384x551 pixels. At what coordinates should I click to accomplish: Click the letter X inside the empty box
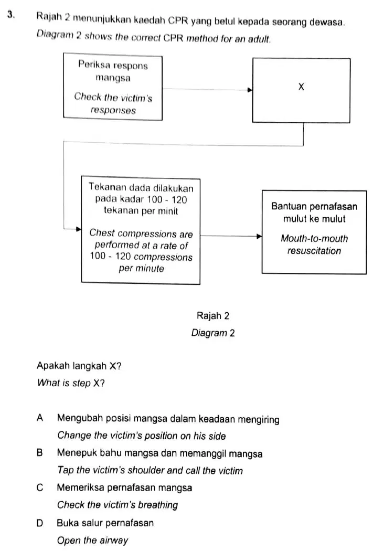tap(301, 87)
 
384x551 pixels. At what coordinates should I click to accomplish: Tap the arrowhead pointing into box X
tap(250, 90)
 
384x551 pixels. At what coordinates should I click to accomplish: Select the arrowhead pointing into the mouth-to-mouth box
tap(259, 236)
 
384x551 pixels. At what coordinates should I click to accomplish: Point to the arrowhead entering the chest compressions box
tap(79, 229)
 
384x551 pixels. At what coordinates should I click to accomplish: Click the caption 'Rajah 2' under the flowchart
tap(213, 315)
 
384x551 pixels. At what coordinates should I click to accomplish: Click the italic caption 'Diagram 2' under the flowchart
tap(213, 333)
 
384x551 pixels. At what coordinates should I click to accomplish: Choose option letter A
tap(40, 418)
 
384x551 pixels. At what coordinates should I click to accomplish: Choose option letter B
tap(40, 452)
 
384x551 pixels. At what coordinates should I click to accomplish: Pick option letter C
tap(40, 488)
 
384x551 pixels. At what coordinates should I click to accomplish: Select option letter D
tap(40, 523)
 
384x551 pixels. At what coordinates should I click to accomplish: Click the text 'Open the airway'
tap(93, 540)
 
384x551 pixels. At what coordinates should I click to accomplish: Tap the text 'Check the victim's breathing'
tap(118, 505)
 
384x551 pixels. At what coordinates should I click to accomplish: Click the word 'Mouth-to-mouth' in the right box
tap(314, 239)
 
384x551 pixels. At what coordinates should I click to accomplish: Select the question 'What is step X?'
tap(71, 383)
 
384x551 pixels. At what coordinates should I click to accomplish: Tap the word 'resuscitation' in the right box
tap(314, 251)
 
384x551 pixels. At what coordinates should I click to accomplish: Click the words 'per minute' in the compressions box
tap(141, 269)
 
